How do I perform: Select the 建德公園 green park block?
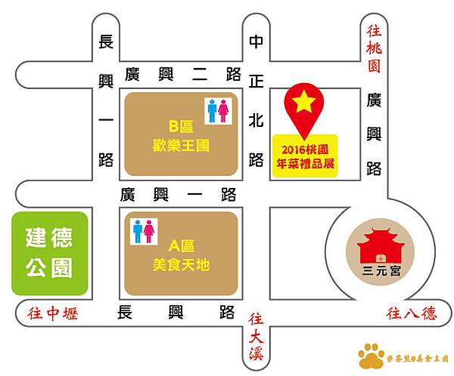click(x=49, y=253)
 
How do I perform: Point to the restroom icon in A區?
click(x=143, y=231)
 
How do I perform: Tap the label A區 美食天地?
click(x=182, y=255)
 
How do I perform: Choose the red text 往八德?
click(x=412, y=313)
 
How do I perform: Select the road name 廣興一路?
click(x=179, y=194)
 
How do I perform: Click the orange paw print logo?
click(x=371, y=355)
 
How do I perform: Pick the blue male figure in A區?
click(x=137, y=231)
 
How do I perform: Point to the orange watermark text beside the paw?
click(x=416, y=357)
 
